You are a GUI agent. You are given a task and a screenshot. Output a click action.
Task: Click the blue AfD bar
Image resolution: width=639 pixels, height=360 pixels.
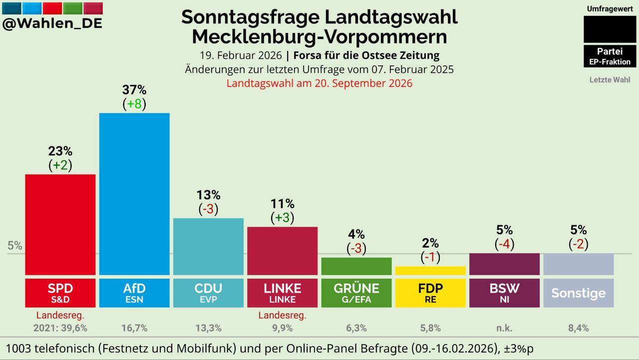[134, 194]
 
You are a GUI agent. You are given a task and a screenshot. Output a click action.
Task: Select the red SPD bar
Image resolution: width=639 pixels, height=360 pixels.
[60, 225]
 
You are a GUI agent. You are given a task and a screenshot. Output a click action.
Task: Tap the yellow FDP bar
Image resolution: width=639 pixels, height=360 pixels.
[430, 271]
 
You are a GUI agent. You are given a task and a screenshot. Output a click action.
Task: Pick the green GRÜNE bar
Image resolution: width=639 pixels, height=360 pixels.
[356, 267]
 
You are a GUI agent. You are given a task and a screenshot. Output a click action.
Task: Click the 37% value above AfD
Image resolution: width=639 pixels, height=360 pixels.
[134, 90]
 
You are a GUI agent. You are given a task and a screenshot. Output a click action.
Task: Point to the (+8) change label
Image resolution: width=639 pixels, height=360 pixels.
[134, 104]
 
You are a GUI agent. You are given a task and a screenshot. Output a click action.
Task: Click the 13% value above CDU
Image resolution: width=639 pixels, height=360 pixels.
[208, 195]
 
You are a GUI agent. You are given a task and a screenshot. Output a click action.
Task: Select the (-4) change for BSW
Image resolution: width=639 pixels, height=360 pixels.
[504, 244]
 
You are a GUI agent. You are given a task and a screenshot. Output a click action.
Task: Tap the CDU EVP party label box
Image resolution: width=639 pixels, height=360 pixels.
[208, 293]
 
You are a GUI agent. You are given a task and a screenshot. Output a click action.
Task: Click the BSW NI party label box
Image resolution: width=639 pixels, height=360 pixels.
[504, 293]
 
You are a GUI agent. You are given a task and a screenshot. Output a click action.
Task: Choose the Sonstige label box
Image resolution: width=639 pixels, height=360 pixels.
[579, 293]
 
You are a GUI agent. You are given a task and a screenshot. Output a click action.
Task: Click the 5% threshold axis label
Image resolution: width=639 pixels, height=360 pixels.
[14, 246]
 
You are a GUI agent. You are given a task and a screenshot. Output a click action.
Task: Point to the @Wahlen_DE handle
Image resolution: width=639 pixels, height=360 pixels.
[52, 23]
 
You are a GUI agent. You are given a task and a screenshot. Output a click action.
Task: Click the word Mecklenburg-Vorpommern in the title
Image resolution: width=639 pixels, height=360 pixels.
[319, 36]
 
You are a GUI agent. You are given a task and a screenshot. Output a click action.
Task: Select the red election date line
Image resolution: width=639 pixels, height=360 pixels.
[319, 83]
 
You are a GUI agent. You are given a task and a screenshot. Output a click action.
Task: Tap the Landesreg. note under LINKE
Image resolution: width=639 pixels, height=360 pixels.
[282, 315]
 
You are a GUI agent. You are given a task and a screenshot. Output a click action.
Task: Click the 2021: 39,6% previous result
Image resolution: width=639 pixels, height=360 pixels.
[60, 328]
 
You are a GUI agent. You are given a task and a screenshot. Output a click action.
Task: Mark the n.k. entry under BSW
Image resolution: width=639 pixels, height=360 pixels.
[504, 328]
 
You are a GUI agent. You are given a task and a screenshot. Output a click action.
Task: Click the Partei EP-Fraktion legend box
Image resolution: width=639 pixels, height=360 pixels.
[610, 56]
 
